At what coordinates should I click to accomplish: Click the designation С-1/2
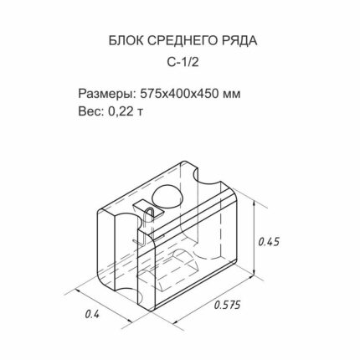(183, 63)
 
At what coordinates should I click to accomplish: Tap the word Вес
(90, 111)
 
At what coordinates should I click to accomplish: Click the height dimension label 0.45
(269, 242)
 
